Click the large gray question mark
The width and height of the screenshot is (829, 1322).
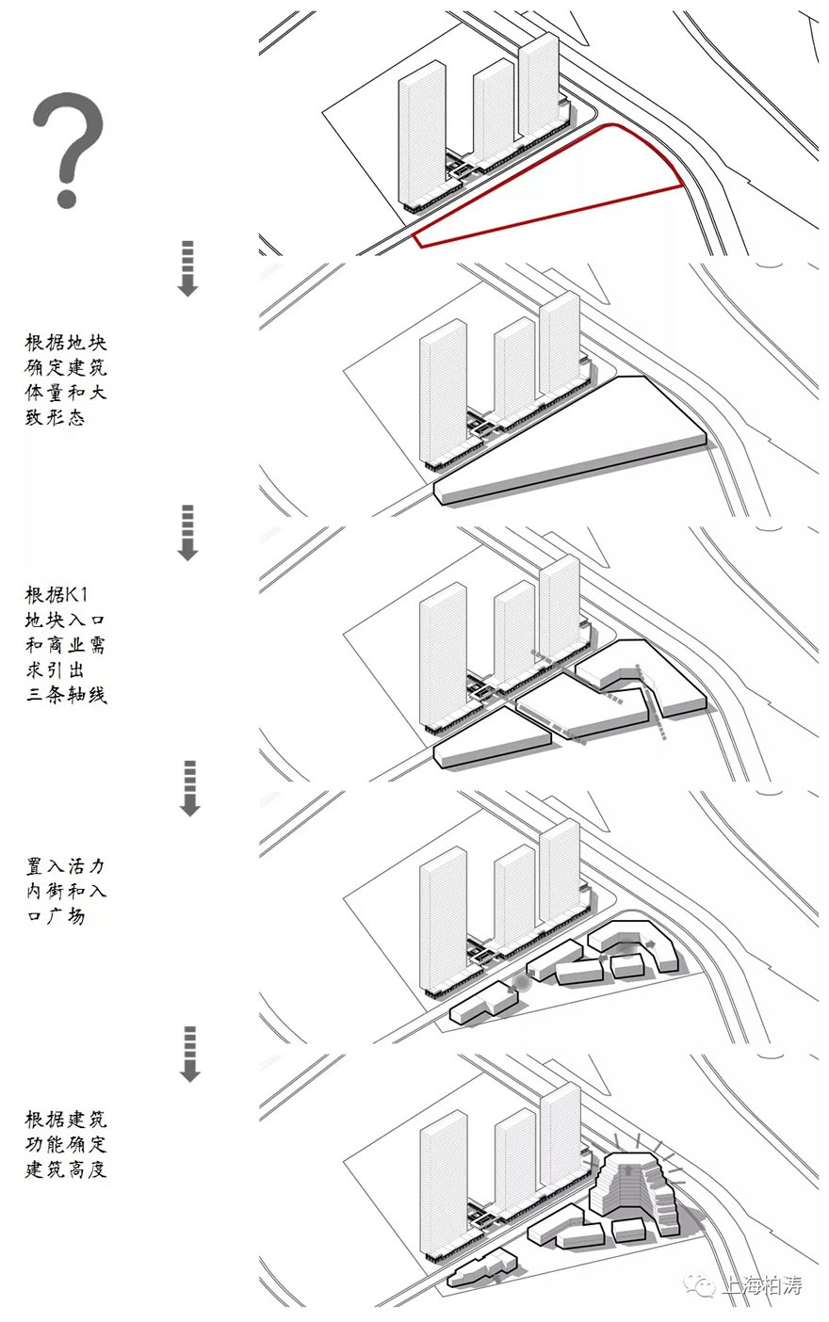[x=68, y=149]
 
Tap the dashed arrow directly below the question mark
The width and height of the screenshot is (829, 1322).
[x=187, y=268]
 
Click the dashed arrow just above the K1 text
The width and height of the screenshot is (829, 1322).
[x=187, y=532]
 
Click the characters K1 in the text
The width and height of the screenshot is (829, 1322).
[x=88, y=595]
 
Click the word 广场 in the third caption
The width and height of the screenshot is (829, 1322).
[x=66, y=914]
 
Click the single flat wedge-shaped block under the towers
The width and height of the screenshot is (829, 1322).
[x=565, y=443]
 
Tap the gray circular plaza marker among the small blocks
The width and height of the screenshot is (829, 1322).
[x=519, y=985]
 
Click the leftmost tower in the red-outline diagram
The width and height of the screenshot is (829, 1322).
[x=421, y=132]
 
